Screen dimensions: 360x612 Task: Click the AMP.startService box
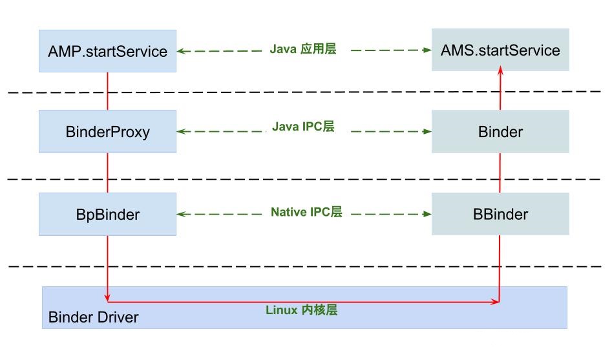[x=107, y=51]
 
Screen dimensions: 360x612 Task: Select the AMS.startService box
[x=500, y=50]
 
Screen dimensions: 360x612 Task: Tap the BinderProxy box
[x=107, y=132]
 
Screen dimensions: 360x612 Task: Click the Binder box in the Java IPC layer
[x=500, y=132]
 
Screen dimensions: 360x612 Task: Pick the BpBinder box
[x=107, y=214]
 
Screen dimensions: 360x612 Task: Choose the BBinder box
[x=500, y=214]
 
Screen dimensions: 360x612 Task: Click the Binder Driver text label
[x=93, y=317]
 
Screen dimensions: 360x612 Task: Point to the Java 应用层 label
[x=303, y=49]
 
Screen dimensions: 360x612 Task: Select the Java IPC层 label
[x=303, y=127]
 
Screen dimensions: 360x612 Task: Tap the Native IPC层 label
[x=306, y=212]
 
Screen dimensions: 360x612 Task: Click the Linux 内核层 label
[x=301, y=310]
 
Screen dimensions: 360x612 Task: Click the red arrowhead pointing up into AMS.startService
[x=500, y=75]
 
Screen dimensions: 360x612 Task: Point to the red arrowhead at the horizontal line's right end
[x=496, y=301]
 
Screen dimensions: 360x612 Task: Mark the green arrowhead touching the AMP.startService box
[x=181, y=50]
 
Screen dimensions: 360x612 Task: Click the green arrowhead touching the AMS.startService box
[x=427, y=50]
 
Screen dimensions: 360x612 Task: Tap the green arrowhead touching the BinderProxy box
[x=181, y=132]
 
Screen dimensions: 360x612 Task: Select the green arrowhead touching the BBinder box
[x=427, y=214]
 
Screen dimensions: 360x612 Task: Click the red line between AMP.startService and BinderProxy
[x=107, y=90]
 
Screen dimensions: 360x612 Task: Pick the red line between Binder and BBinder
[x=500, y=173]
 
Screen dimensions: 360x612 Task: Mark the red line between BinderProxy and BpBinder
[x=107, y=173]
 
